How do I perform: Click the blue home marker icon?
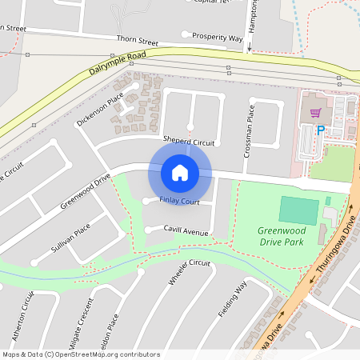(179, 172)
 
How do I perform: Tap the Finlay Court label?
(179, 201)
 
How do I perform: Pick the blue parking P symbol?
(321, 130)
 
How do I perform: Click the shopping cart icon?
(315, 113)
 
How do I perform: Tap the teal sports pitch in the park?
(298, 210)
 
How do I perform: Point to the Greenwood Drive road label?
(85, 191)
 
